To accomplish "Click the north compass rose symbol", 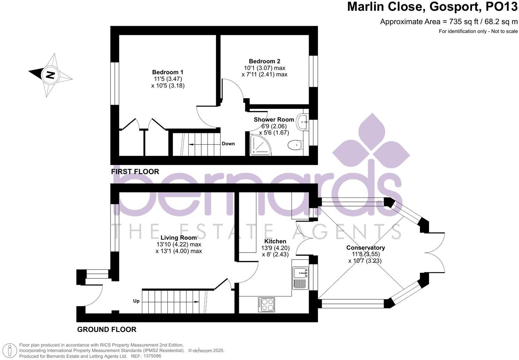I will (51, 75).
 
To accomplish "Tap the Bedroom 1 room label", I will (167, 72).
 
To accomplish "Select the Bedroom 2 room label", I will (264, 61).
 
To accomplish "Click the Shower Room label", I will (273, 120).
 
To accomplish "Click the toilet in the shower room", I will (295, 144).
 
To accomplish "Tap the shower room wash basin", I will (303, 122).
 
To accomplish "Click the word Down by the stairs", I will (228, 144).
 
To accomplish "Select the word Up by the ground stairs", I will (136, 301).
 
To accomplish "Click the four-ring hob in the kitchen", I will (266, 304).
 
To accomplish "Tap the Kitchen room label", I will (275, 241).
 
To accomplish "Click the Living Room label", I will (179, 238).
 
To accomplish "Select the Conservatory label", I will (366, 248).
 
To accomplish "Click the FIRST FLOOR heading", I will (135, 172).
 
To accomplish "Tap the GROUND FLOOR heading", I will (107, 329).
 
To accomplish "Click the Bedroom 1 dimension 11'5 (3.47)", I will (167, 79).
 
